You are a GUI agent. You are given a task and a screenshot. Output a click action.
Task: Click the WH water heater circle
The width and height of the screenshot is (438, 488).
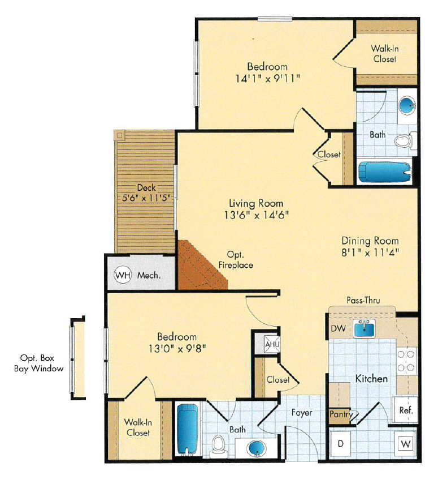coord(123,276)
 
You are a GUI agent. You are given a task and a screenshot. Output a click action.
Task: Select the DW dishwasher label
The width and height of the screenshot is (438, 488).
coord(337,329)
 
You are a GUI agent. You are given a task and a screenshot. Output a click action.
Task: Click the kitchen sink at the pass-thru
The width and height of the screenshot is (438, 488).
coord(366,328)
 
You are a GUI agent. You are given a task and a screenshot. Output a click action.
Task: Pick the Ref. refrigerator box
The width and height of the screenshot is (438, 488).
coord(405,410)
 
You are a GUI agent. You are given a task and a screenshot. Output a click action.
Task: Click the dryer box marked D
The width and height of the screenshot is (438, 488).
coord(341,443)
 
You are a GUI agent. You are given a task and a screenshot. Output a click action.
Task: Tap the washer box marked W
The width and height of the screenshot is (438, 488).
coord(405,444)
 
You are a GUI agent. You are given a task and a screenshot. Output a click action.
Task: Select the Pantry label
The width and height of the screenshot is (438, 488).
coord(341,414)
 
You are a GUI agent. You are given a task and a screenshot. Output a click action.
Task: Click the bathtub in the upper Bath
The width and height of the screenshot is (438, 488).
coord(384,172)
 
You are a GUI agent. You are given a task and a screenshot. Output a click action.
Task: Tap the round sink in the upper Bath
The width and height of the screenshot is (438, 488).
coord(406,105)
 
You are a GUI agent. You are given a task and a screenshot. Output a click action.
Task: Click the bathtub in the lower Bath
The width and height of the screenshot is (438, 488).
coord(186,429)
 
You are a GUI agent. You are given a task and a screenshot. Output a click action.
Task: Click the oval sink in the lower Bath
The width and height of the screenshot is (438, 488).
coord(257,448)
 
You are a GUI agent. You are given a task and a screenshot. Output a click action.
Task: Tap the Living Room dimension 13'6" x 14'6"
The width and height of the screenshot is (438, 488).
coord(256,215)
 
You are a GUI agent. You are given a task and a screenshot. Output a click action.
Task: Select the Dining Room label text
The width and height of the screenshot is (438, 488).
coord(370,241)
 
